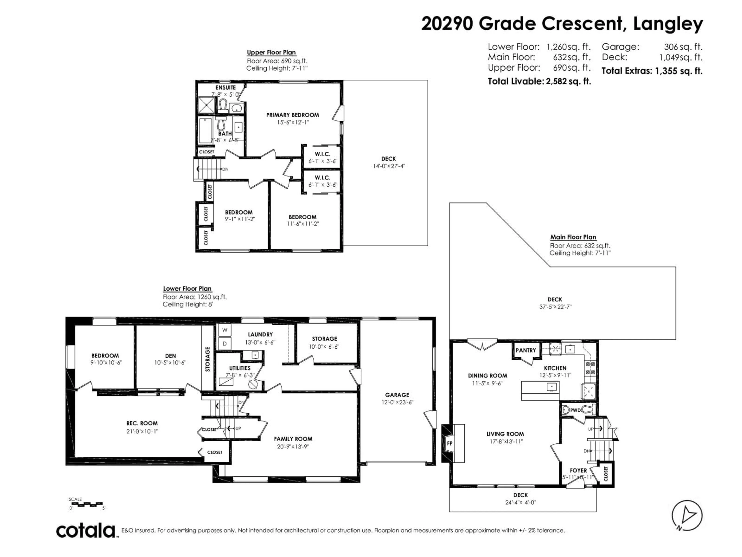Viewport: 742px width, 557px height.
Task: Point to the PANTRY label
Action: pos(526,350)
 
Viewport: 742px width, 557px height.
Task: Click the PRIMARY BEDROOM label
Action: pos(293,115)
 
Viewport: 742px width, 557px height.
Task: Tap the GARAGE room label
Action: pos(397,395)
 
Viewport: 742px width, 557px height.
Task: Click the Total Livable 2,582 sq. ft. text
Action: pos(539,81)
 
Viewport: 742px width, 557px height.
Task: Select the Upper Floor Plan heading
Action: pos(271,52)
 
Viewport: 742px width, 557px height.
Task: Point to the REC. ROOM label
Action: pos(142,423)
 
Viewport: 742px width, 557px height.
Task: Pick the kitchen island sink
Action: pos(552,387)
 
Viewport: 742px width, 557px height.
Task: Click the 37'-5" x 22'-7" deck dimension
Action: pos(555,307)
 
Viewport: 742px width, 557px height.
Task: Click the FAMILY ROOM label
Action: pos(293,439)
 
